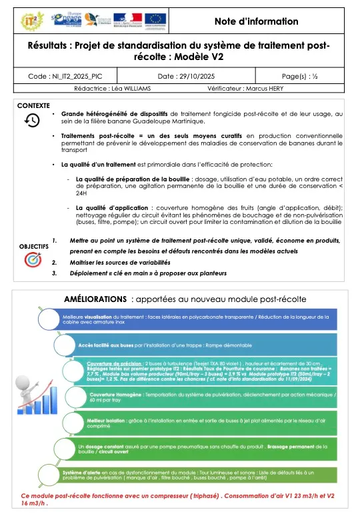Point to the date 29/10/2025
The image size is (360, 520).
(179, 77)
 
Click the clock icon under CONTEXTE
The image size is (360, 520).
(32, 120)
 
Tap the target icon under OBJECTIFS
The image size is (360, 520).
(32, 261)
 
